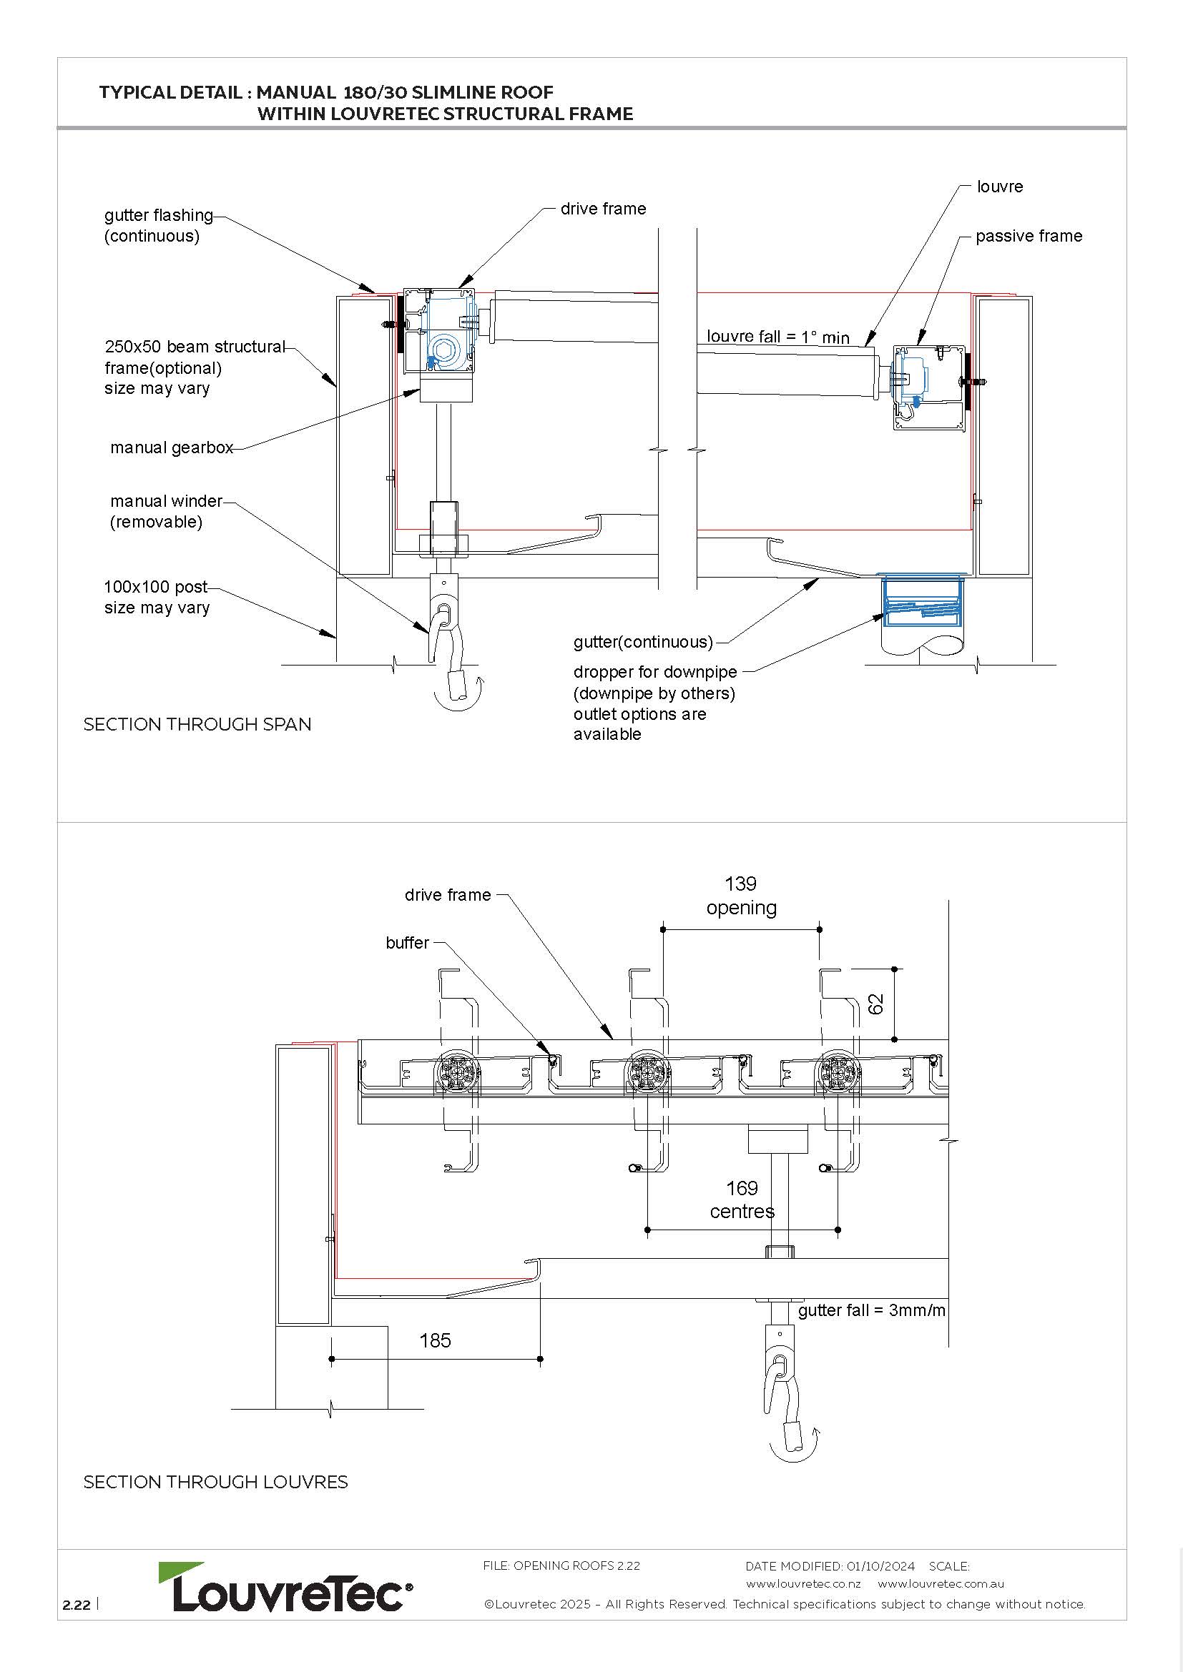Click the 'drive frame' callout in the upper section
point(602,209)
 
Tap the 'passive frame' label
point(1029,236)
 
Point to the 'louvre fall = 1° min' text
point(777,337)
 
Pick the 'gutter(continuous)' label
point(642,641)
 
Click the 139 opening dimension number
point(740,884)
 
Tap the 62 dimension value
point(876,1004)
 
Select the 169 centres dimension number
point(742,1189)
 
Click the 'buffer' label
point(407,943)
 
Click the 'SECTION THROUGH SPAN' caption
point(197,725)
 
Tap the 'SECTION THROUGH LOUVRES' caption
point(215,1482)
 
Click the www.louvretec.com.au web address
point(941,1584)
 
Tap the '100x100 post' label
point(156,587)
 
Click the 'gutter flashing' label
point(159,216)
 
